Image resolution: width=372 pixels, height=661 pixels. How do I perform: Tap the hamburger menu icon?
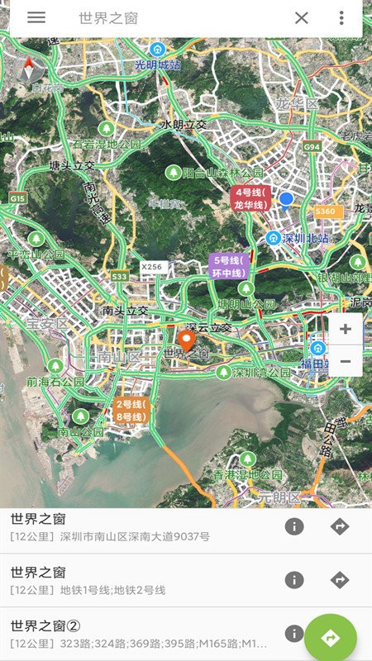(x=36, y=17)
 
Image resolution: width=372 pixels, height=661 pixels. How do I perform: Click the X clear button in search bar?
(x=302, y=18)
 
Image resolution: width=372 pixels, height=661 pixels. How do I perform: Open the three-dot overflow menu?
(x=341, y=18)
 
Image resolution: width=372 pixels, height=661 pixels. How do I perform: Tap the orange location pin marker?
(x=187, y=340)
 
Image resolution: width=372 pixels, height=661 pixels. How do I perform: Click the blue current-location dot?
(x=286, y=199)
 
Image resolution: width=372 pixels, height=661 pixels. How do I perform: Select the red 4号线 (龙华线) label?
(x=250, y=199)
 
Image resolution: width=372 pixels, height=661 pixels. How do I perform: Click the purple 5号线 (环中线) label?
(x=228, y=266)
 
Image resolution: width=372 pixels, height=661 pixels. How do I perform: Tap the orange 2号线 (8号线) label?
(x=131, y=410)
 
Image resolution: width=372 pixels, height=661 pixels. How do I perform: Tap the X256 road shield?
(x=152, y=267)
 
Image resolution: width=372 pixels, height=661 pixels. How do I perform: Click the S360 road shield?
(x=326, y=212)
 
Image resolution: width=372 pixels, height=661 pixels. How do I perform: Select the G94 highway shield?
(x=312, y=146)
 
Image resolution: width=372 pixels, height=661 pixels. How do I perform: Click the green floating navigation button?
(x=330, y=637)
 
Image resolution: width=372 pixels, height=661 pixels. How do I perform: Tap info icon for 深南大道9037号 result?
(x=293, y=526)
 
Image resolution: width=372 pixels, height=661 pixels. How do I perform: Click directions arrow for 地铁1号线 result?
(x=340, y=580)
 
